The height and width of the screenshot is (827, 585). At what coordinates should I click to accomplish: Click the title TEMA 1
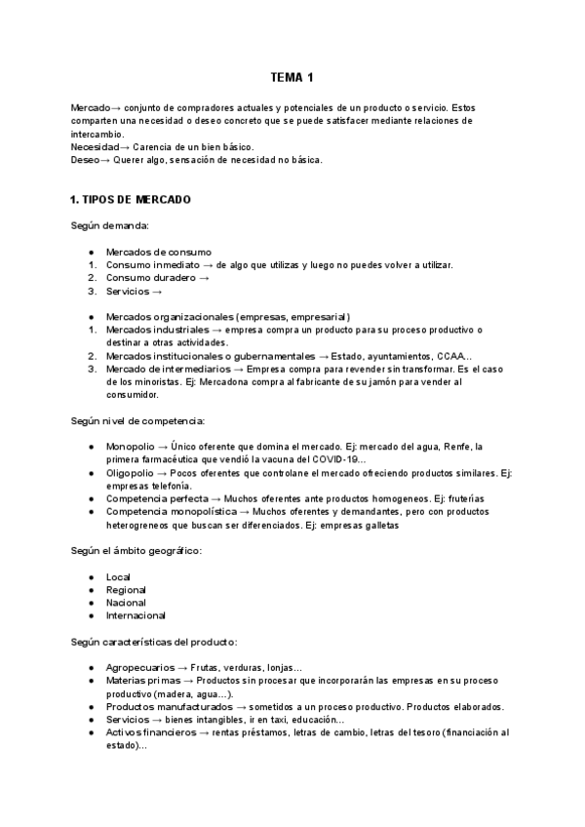pos(292,77)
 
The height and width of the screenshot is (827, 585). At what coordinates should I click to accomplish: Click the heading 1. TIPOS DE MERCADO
pos(131,200)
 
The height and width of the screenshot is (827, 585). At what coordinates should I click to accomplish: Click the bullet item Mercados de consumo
pos(158,252)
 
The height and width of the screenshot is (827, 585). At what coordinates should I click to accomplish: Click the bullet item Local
pos(118,576)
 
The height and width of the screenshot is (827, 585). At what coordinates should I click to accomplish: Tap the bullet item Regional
pos(126,590)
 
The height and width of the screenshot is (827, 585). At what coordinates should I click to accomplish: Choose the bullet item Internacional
pos(136,615)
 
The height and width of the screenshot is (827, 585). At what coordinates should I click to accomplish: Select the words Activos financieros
pos(149,732)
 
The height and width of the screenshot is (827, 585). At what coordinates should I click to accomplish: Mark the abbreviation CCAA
pos(450,356)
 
